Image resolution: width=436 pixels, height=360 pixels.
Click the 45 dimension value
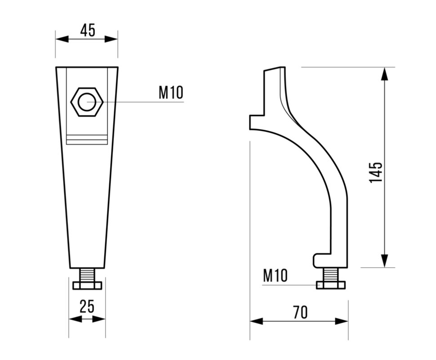tap(88, 30)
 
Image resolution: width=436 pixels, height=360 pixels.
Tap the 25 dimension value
tap(87, 306)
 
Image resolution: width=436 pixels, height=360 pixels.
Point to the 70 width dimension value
tap(300, 312)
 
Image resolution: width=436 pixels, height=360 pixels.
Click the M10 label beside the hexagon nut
tap(171, 92)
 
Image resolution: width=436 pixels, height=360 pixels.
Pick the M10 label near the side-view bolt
tap(275, 275)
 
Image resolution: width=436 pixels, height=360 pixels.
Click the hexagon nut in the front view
tap(87, 102)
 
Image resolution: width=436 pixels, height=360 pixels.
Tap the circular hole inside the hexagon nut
tap(87, 102)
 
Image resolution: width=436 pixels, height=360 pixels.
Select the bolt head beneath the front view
tap(87, 285)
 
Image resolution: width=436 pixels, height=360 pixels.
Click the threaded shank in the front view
tap(87, 275)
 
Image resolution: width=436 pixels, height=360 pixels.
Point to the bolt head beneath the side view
tap(331, 285)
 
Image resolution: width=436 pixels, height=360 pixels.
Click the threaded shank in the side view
tap(331, 274)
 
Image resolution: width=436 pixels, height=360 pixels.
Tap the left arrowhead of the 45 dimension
tap(62, 39)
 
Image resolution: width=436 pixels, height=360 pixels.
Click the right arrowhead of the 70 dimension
tap(342, 321)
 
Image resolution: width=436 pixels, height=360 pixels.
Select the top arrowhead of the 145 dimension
tap(384, 74)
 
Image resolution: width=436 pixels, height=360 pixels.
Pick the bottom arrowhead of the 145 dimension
tap(384, 261)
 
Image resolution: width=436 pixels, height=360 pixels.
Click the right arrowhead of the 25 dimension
tap(99, 319)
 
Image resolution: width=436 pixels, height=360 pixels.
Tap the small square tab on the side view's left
tap(256, 122)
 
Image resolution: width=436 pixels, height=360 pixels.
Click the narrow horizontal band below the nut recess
tap(87, 140)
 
